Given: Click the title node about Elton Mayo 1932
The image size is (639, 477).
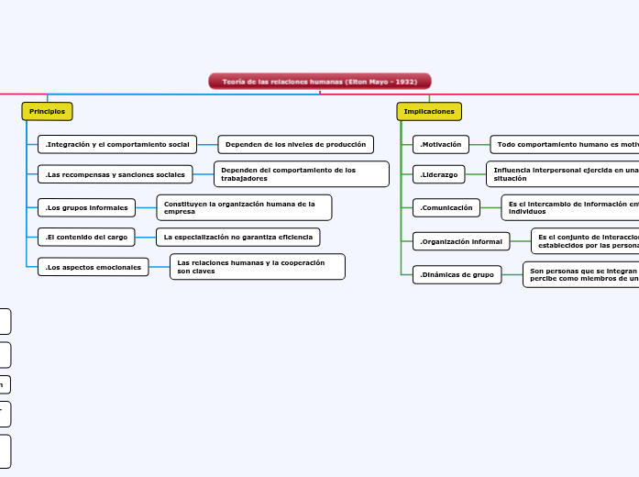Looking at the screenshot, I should click(320, 82).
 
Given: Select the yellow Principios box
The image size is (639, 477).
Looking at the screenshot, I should click(47, 111).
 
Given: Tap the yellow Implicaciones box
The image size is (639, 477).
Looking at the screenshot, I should click(429, 111).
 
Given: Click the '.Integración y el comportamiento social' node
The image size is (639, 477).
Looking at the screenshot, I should click(117, 144).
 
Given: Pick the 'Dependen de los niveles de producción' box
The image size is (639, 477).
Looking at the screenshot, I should click(295, 144).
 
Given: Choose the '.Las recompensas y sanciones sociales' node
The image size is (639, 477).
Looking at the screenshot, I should click(115, 173).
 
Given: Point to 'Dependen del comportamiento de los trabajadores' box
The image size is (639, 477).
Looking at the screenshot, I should click(301, 173).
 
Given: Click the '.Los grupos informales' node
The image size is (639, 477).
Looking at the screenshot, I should click(87, 207).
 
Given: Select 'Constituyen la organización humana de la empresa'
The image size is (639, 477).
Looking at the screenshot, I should click(244, 207).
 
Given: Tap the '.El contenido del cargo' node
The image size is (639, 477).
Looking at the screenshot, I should click(86, 237).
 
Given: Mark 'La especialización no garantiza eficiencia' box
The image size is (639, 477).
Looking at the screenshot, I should click(238, 237).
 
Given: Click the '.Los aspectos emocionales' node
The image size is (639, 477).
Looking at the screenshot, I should click(94, 267).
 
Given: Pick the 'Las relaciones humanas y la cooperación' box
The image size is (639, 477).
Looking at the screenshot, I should click(257, 267).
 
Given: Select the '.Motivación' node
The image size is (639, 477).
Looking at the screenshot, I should click(441, 144).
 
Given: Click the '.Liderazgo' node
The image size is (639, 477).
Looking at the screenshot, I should click(439, 173).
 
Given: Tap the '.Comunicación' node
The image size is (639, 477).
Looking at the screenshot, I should click(446, 207).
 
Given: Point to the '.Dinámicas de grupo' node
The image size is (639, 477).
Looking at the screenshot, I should click(457, 274).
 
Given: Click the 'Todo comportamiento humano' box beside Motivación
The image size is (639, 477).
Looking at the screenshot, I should click(565, 144).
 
